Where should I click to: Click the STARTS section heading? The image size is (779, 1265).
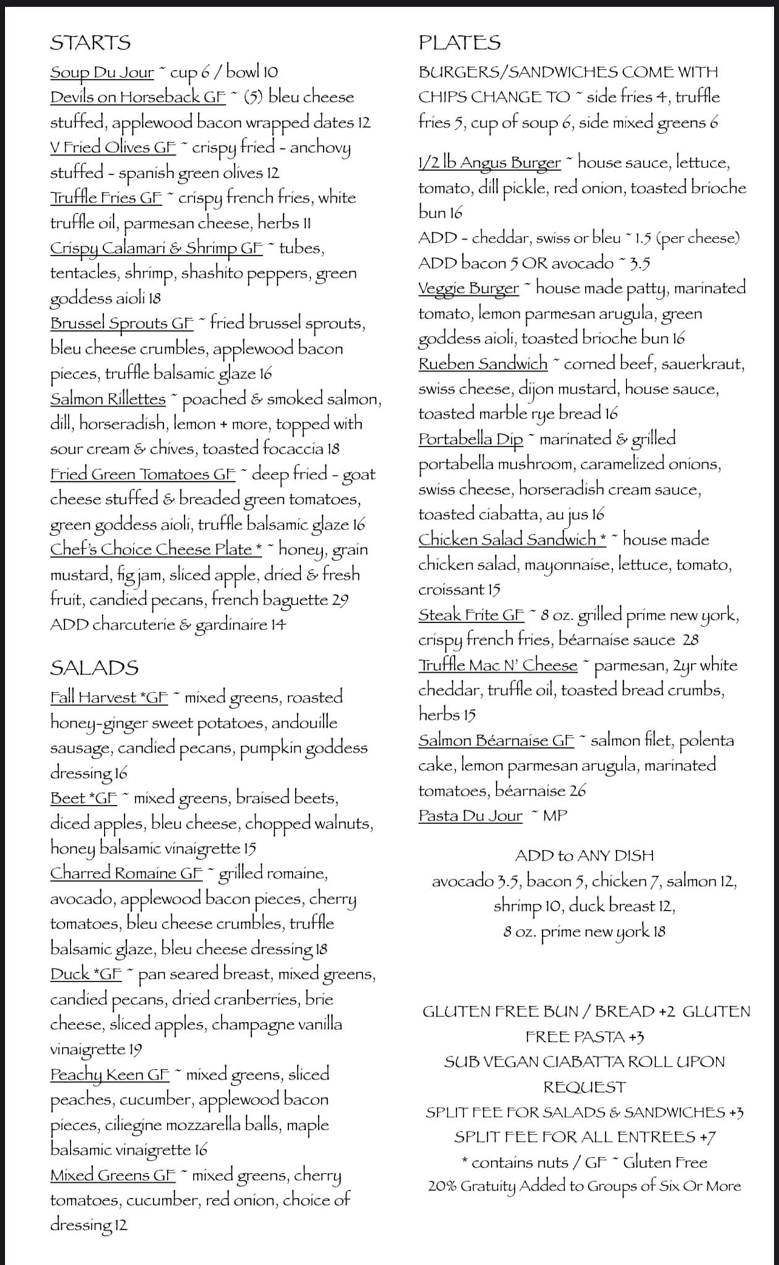click(90, 43)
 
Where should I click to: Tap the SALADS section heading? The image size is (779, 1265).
click(94, 668)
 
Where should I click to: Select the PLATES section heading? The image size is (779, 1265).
click(459, 43)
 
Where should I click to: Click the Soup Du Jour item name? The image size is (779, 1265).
click(102, 72)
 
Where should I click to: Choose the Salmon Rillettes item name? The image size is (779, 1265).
click(108, 399)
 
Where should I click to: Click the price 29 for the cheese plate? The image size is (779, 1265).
click(340, 600)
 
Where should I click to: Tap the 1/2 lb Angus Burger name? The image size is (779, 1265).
click(490, 163)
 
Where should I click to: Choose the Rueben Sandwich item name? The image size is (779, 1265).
click(483, 364)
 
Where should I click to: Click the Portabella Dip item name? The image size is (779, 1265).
click(470, 439)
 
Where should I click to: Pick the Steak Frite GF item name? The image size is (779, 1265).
click(471, 615)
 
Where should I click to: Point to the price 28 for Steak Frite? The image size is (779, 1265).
click(691, 641)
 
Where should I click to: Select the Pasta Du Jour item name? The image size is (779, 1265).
click(470, 816)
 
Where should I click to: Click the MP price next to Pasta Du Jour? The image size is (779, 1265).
click(555, 816)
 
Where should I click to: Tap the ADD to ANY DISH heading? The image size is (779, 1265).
click(584, 855)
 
